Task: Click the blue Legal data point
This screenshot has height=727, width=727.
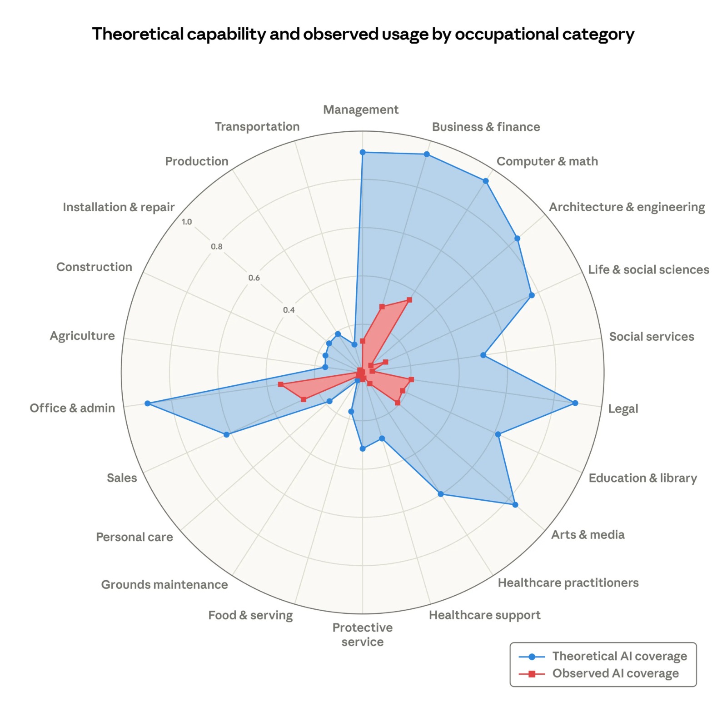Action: [x=575, y=403]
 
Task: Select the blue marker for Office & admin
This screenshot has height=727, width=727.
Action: [x=147, y=403]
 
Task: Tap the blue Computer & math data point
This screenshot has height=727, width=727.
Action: [x=485, y=181]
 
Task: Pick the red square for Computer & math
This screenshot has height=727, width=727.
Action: [x=409, y=300]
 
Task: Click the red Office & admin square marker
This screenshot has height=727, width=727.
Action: [x=280, y=385]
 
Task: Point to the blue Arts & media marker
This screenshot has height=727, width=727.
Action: [x=515, y=504]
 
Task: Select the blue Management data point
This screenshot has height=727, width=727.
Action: [x=362, y=152]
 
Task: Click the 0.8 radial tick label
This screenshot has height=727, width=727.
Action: [x=217, y=247]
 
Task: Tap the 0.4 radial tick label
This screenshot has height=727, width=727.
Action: [x=289, y=310]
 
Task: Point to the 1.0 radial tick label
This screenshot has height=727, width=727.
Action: [x=187, y=222]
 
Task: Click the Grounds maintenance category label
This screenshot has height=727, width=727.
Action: [x=164, y=584]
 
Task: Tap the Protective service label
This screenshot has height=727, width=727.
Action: [x=362, y=634]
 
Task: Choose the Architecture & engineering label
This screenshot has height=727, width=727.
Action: [x=627, y=207]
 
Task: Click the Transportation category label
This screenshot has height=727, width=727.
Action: [x=257, y=127]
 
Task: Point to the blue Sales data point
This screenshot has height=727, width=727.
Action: [x=227, y=435]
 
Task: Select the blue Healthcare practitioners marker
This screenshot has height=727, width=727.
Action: [x=440, y=494]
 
